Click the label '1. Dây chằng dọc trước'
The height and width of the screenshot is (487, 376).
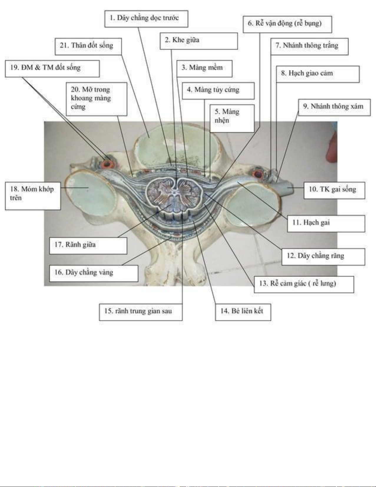[146, 19]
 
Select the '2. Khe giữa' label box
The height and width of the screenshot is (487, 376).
[198, 41]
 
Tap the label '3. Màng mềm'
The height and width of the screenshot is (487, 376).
[204, 68]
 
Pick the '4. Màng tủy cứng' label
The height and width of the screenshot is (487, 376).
[218, 90]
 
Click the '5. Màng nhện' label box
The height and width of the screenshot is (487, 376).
[232, 118]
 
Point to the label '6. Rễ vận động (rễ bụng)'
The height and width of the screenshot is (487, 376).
[287, 24]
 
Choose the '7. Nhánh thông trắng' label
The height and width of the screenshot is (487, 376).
[309, 46]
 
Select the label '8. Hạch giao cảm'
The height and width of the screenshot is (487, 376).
[317, 74]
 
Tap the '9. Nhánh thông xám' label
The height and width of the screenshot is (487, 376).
[334, 107]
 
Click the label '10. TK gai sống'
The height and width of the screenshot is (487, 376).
[334, 190]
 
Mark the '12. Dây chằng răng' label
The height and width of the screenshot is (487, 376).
[323, 256]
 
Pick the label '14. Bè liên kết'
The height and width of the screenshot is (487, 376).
[243, 312]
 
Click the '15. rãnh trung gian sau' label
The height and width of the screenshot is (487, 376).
[140, 312]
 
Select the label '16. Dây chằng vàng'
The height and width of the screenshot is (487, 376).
[93, 273]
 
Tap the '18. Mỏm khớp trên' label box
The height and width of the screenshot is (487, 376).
[33, 196]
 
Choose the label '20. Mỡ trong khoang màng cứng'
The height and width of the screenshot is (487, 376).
[96, 99]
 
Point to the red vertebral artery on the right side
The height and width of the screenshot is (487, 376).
[259, 173]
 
